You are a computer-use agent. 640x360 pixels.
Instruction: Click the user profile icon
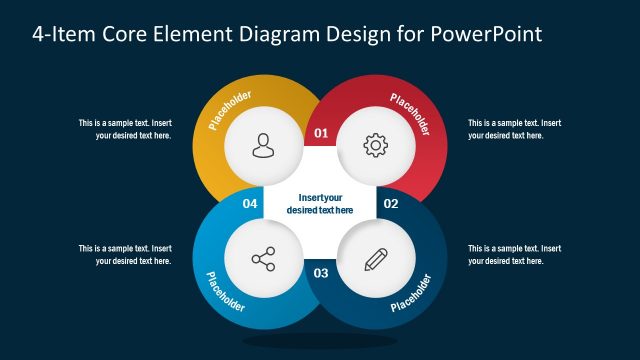pyautogui.click(x=262, y=146)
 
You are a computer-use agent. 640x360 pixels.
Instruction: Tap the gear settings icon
pyautogui.click(x=375, y=146)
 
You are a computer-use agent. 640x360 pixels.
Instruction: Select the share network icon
pyautogui.click(x=262, y=260)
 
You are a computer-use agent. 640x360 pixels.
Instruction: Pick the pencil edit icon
pyautogui.click(x=375, y=260)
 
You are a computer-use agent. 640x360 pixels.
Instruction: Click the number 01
pyautogui.click(x=321, y=132)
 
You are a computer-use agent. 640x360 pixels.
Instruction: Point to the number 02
pyautogui.click(x=391, y=204)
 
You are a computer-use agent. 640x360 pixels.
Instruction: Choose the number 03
pyautogui.click(x=321, y=273)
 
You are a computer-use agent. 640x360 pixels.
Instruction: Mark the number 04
pyautogui.click(x=251, y=204)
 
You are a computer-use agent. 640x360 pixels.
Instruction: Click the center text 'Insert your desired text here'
pyautogui.click(x=320, y=204)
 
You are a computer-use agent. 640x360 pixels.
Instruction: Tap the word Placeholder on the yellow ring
pyautogui.click(x=230, y=111)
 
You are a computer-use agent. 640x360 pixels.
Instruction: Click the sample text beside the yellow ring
pyautogui.click(x=126, y=129)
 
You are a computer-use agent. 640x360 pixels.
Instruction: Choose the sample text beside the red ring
pyautogui.click(x=514, y=129)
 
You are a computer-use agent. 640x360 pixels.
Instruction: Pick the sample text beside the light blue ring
pyautogui.click(x=126, y=254)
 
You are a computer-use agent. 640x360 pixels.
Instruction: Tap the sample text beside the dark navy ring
pyautogui.click(x=514, y=254)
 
